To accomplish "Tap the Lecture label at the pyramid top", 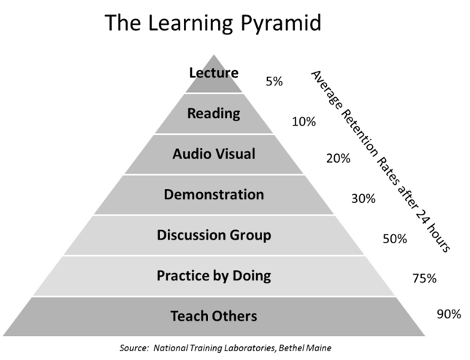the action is click(214, 73).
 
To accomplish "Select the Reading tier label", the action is click(214, 114).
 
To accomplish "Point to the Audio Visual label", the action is click(214, 154).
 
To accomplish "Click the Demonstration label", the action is click(214, 194).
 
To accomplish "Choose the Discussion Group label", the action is click(214, 235).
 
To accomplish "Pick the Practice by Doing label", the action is click(214, 276).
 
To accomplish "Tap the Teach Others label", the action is click(214, 316).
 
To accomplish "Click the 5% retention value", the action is click(274, 81).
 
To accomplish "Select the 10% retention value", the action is click(304, 121).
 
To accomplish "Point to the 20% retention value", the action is click(338, 158).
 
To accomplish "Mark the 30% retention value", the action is click(363, 199).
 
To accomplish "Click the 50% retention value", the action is click(395, 239).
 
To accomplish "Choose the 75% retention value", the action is click(425, 278).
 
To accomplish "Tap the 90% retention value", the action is click(449, 314).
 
